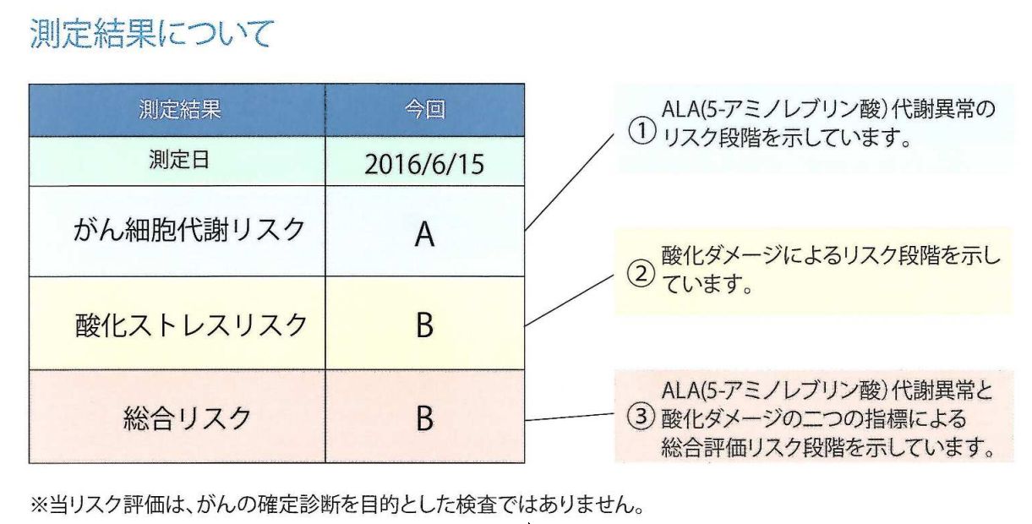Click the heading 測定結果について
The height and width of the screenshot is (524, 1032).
152,34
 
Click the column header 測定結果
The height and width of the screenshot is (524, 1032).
180,110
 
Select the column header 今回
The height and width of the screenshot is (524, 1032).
425,110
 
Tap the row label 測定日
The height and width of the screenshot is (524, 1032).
179,160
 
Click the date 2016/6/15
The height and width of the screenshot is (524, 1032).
424,164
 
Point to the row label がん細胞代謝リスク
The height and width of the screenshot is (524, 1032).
189,230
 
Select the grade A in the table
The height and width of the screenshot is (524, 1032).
424,234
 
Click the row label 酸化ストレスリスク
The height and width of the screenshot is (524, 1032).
191,325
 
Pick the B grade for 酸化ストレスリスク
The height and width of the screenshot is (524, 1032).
424,325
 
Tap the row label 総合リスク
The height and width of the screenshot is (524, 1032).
187,418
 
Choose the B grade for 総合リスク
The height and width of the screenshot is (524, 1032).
424,418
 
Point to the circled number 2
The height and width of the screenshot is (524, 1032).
642,274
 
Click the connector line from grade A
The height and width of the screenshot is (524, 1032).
570,182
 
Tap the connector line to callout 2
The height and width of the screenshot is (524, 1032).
570,301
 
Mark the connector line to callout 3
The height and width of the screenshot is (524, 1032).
570,417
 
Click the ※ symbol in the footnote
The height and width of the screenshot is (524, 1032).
39,505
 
